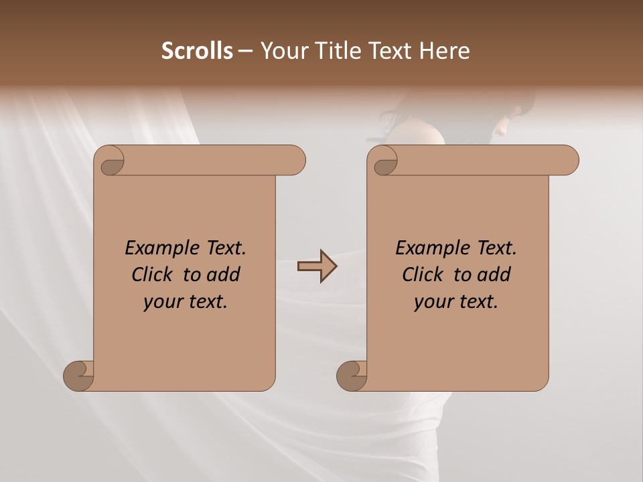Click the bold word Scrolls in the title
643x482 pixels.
pyautogui.click(x=198, y=51)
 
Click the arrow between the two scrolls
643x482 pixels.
pyautogui.click(x=317, y=266)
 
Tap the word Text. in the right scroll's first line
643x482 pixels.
pyautogui.click(x=496, y=248)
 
